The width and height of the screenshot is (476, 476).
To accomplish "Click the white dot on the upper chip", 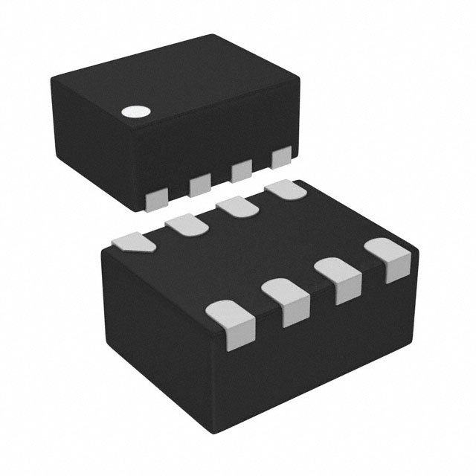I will point(136,112).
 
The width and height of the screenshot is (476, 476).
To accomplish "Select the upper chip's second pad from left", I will point(199,184).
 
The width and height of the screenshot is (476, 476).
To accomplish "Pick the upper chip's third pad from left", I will point(241,170).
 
